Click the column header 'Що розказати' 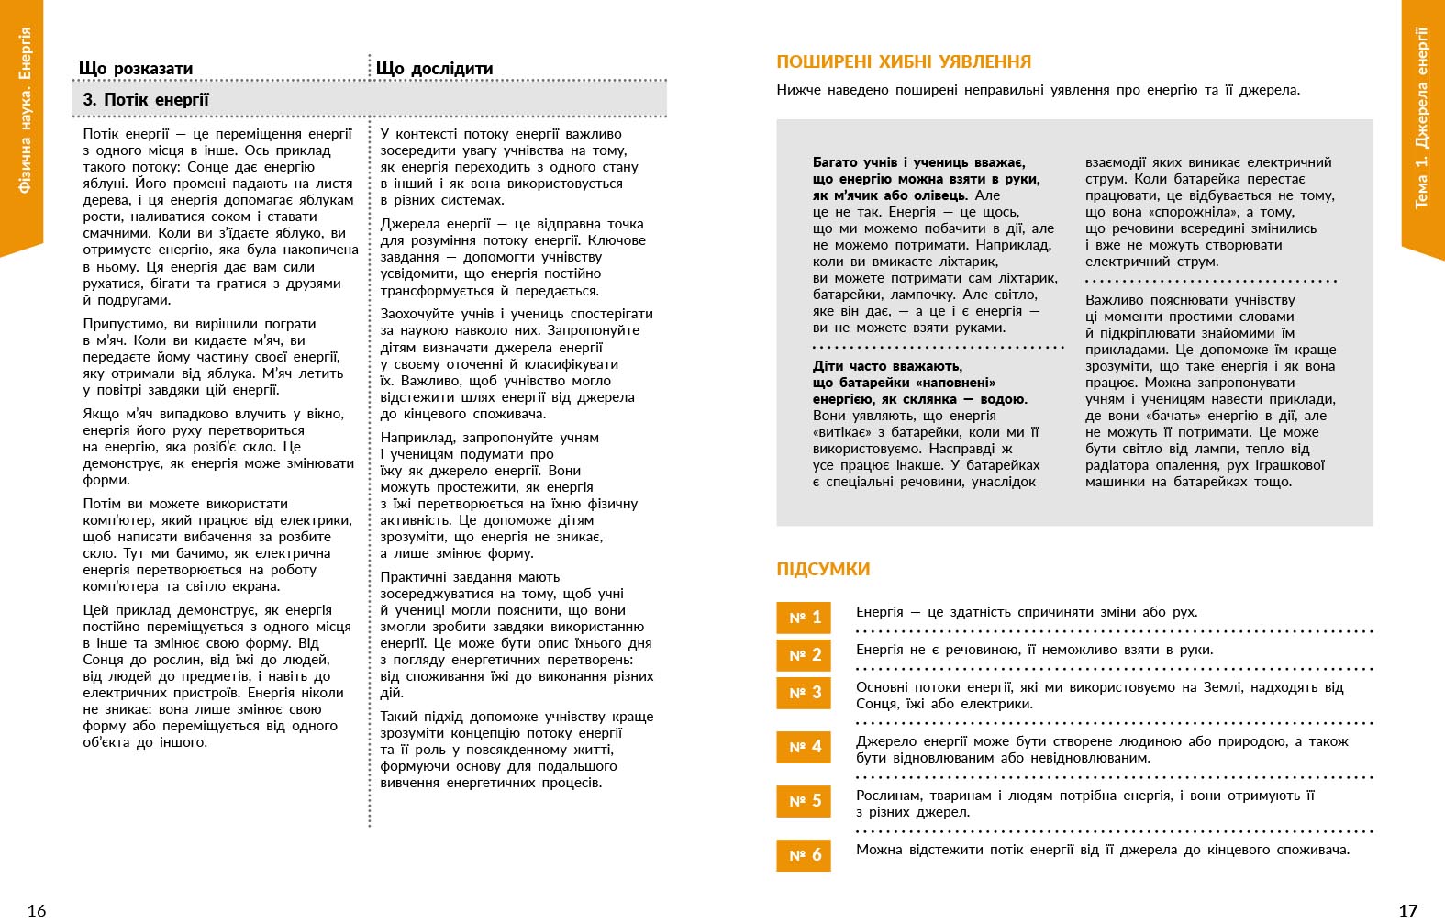click(136, 69)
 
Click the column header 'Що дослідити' click(434, 69)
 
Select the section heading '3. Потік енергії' click(146, 100)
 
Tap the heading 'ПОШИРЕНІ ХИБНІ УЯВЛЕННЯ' click(904, 62)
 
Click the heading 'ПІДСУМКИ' click(823, 570)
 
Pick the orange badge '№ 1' click(804, 618)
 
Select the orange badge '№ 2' click(804, 655)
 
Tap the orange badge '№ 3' click(804, 693)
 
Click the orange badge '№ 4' click(804, 747)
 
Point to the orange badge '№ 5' click(804, 801)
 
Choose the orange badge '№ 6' click(804, 855)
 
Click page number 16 click(37, 910)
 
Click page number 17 click(1407, 910)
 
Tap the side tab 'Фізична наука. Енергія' click(25, 110)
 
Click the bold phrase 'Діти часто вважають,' click(887, 366)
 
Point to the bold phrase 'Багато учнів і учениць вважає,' click(918, 162)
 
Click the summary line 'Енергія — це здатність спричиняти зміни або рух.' click(1027, 612)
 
